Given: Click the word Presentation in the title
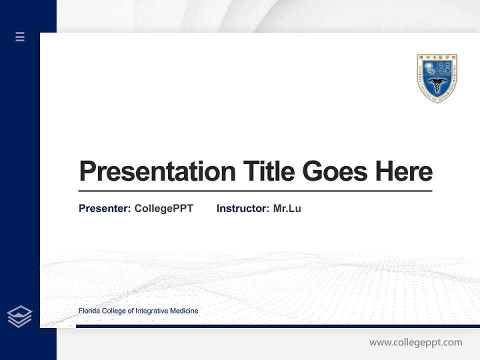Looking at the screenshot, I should click(157, 171).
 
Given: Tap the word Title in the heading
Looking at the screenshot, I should click(268, 171).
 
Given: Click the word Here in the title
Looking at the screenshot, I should click(403, 171).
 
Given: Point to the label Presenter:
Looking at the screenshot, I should click(104, 208).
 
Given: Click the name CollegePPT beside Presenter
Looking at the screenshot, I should click(163, 208).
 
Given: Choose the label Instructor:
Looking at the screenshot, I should click(242, 208).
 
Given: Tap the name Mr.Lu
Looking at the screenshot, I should click(287, 208).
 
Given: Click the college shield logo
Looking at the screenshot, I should click(437, 78).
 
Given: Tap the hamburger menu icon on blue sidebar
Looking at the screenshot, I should click(20, 36).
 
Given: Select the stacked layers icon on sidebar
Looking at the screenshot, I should click(20, 316).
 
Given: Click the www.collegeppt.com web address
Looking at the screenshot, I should click(415, 342).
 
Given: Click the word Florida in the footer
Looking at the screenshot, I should click(89, 311).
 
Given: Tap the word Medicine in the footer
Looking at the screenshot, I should click(184, 311).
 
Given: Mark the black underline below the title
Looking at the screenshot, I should click(255, 191).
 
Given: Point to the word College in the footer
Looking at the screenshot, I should click(114, 311).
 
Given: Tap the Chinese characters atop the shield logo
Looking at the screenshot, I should click(437, 57).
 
